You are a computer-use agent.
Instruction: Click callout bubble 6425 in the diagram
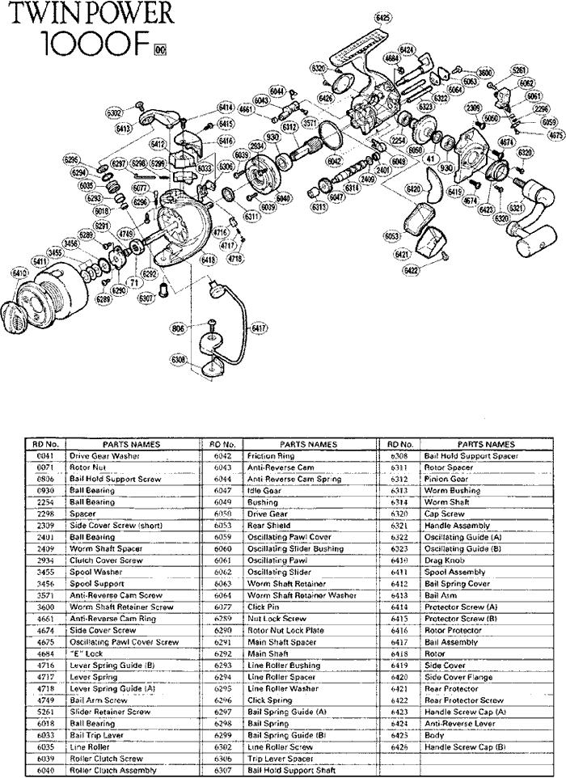[383, 18]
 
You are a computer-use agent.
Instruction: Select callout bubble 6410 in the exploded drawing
[19, 273]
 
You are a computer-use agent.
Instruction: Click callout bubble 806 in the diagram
[178, 328]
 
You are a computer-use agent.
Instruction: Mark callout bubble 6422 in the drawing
[412, 270]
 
